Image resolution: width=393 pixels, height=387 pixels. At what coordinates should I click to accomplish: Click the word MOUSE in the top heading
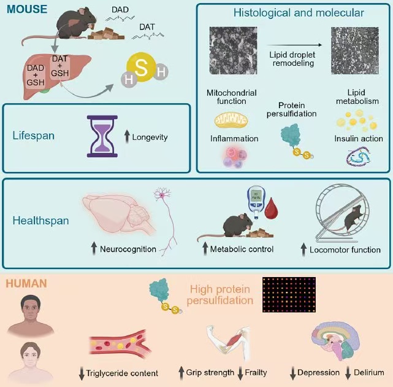(x=24, y=10)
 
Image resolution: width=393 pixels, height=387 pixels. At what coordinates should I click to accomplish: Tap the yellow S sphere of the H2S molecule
(x=141, y=68)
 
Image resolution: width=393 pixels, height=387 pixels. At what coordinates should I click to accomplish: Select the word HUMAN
(x=25, y=285)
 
